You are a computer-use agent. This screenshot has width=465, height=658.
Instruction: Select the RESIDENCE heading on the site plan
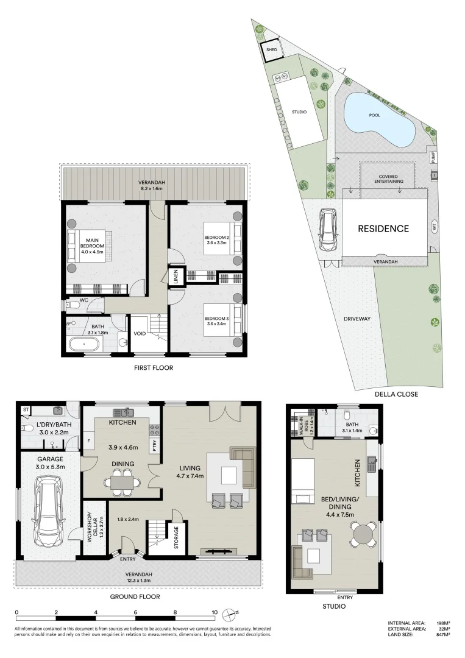tap(383, 229)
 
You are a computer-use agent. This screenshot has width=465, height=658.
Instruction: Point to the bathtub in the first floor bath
tap(83, 345)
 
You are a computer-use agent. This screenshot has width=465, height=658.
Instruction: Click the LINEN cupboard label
tap(175, 277)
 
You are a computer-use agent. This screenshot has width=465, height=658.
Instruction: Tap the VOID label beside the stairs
tap(140, 333)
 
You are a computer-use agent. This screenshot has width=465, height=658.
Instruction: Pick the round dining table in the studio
tap(364, 535)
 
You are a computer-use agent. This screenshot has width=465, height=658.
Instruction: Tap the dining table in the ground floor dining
tap(122, 482)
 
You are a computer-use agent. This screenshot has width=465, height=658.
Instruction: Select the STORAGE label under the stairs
tap(176, 538)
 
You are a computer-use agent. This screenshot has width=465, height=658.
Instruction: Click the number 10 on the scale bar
tap(214, 612)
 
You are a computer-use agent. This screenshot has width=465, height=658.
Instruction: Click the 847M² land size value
tap(442, 635)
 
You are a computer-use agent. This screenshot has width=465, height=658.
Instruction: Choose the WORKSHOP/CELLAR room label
tap(91, 527)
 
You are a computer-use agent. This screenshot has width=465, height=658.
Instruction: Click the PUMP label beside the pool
tap(433, 157)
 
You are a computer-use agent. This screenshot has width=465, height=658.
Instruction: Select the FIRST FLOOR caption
tap(154, 368)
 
